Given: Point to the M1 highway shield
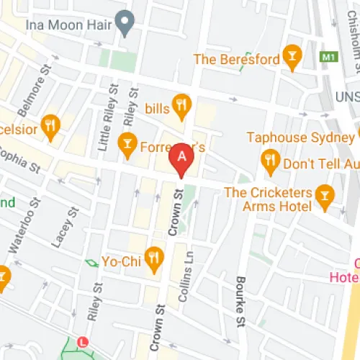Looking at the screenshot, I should click(x=329, y=56).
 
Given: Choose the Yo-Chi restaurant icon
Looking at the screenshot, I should click(x=154, y=256).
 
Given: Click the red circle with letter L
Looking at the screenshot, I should click(x=83, y=341).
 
